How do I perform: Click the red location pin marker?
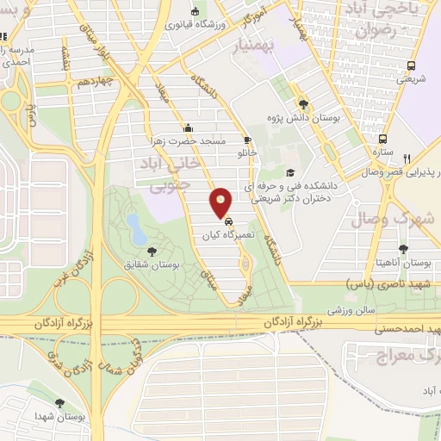click(x=221, y=202)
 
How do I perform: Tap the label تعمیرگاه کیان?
click(x=227, y=234)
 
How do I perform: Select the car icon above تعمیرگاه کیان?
click(x=227, y=220)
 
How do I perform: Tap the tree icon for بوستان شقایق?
click(x=152, y=252)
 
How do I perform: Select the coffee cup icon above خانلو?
click(x=248, y=140)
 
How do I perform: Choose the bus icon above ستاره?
click(x=383, y=138)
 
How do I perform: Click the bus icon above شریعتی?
click(x=411, y=65)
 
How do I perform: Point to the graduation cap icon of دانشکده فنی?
click(x=290, y=171)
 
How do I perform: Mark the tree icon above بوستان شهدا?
click(x=59, y=403)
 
